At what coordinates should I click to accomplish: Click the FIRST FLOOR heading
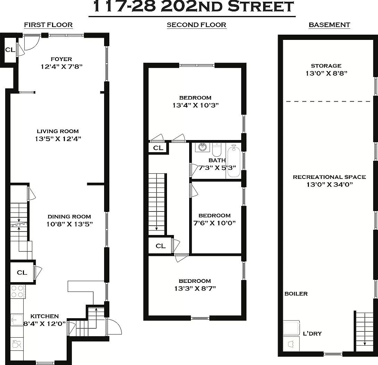pyautogui.click(x=48, y=25)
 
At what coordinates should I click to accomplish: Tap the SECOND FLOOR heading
pyautogui.click(x=196, y=25)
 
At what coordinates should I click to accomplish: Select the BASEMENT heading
pyautogui.click(x=329, y=25)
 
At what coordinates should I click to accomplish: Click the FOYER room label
pyautogui.click(x=61, y=59)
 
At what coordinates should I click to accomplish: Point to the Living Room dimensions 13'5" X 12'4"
pyautogui.click(x=58, y=139)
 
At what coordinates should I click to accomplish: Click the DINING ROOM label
pyautogui.click(x=69, y=217)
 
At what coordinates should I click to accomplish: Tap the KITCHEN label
pyautogui.click(x=44, y=316)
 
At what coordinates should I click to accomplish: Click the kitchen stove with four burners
pyautogui.click(x=17, y=292)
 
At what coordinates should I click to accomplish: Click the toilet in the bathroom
pyautogui.click(x=217, y=150)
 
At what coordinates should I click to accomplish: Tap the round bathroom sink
pyautogui.click(x=202, y=148)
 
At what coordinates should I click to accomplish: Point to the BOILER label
pyautogui.click(x=296, y=294)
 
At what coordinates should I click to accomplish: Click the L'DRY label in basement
pyautogui.click(x=312, y=333)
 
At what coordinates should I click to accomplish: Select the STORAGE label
pyautogui.click(x=326, y=66)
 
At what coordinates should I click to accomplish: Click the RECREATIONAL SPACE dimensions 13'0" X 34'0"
pyautogui.click(x=329, y=184)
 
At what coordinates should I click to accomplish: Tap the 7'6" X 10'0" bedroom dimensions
pyautogui.click(x=214, y=223)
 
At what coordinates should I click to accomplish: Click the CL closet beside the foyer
pyautogui.click(x=10, y=50)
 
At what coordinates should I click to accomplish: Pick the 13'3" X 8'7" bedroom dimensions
pyautogui.click(x=195, y=288)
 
